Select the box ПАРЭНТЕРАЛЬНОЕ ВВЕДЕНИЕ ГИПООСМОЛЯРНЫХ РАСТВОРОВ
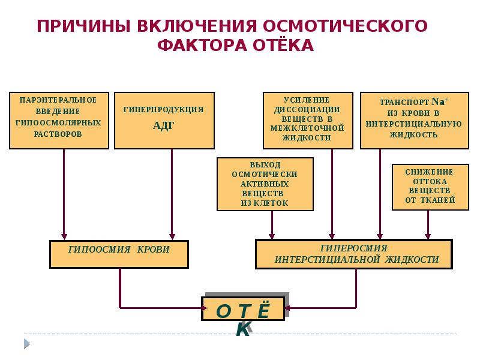(x=59, y=121)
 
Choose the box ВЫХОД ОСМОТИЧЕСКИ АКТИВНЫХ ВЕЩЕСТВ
(x=265, y=184)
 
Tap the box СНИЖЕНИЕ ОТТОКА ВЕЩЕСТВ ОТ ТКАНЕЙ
(x=430, y=186)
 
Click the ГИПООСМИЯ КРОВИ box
(x=119, y=253)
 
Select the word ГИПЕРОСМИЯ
(x=353, y=248)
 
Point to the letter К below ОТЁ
(x=243, y=329)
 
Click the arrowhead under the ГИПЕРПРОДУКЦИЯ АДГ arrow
(x=172, y=236)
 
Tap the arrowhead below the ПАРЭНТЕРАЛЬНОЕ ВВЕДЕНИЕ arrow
(x=64, y=236)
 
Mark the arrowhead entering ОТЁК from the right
(x=288, y=308)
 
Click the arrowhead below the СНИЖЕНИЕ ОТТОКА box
(x=428, y=236)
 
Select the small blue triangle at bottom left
(x=26, y=343)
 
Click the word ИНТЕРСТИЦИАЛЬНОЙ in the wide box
(x=327, y=260)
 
